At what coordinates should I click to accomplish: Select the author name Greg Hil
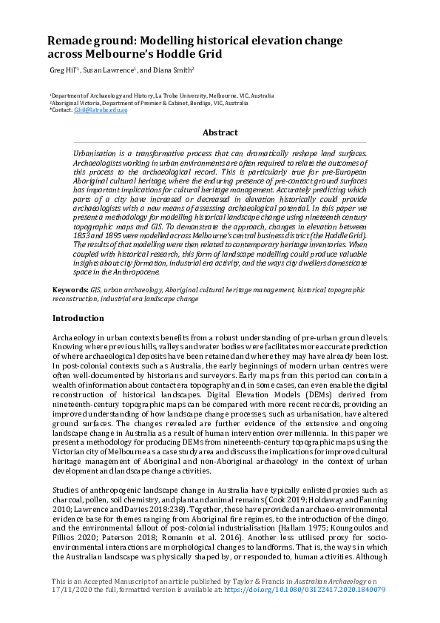63,70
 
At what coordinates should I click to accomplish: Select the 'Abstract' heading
220,132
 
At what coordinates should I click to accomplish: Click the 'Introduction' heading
78,318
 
